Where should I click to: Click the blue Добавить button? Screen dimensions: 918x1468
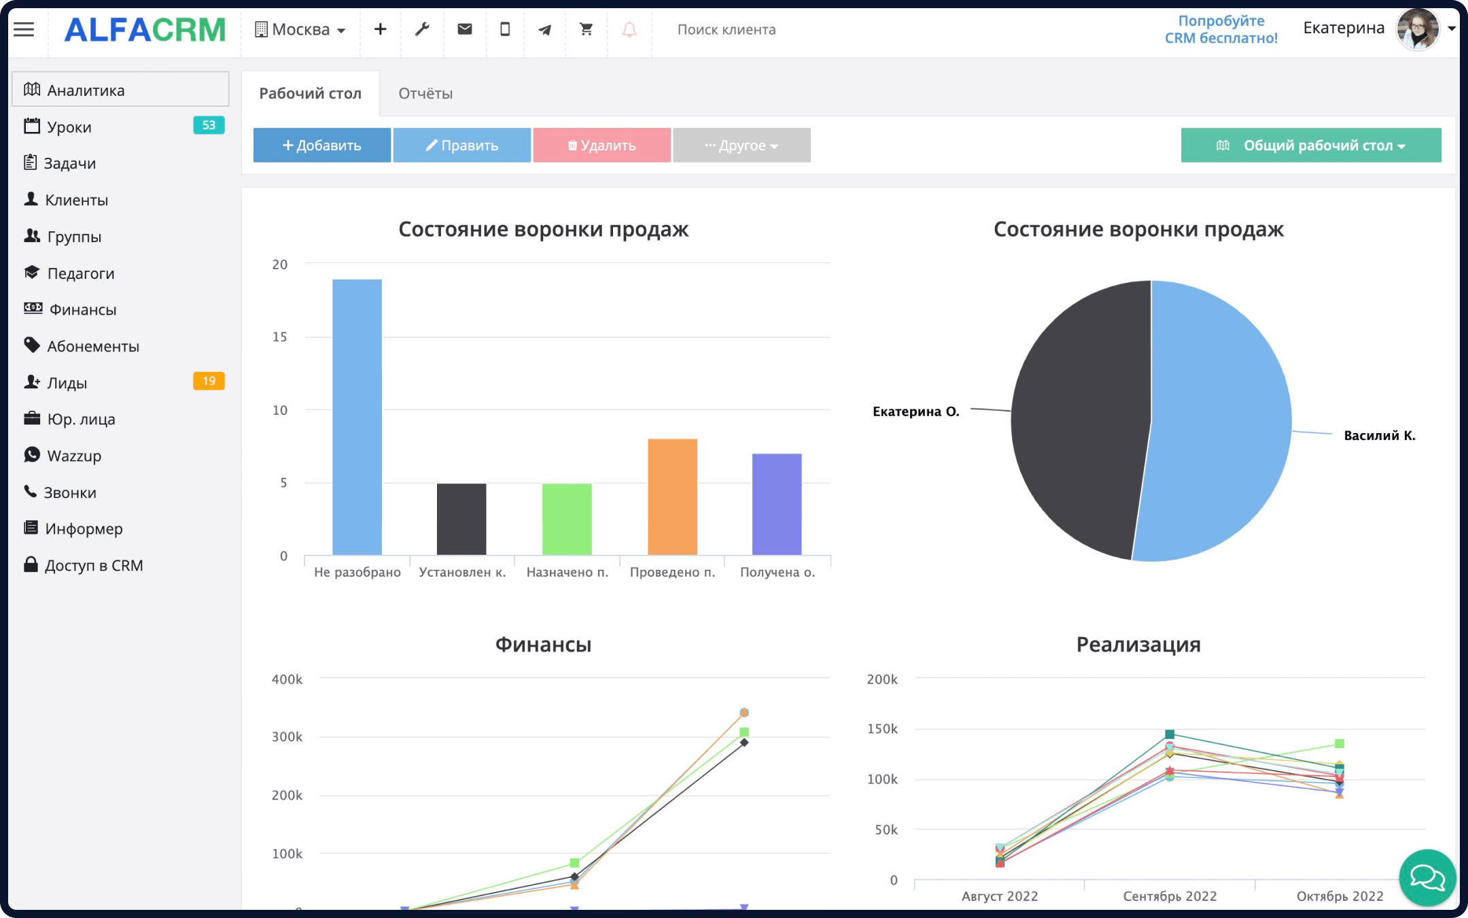[x=321, y=145]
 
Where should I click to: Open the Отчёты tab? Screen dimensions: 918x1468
[x=425, y=93]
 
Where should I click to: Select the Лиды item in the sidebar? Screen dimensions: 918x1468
[x=67, y=383]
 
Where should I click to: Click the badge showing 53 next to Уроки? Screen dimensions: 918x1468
[x=209, y=125]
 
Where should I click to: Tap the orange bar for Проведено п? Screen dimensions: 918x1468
[x=672, y=496]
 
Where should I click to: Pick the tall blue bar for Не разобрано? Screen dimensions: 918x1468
[x=357, y=417]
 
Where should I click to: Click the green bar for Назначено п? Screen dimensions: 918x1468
[x=567, y=519]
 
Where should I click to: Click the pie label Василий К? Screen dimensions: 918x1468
[x=1379, y=436]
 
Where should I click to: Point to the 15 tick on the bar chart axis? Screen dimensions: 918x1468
[x=280, y=337]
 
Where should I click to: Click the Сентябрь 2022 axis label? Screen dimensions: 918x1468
[x=1170, y=896]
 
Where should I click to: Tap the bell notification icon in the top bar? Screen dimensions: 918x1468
[x=629, y=29]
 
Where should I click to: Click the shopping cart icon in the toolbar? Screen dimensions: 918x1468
[x=586, y=29]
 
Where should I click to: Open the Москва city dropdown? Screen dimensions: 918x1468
[x=300, y=29]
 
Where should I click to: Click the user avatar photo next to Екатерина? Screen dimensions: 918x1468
[x=1417, y=29]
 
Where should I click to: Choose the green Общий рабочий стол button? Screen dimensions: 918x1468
[x=1310, y=145]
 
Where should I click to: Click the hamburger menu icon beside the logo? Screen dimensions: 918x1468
[x=24, y=29]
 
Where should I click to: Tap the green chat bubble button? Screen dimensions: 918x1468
[x=1427, y=877]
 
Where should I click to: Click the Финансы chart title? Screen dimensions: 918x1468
[x=543, y=644]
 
